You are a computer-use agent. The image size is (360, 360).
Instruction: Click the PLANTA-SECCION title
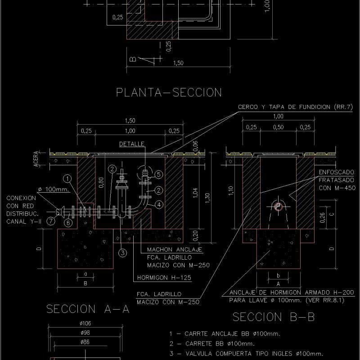[169, 92]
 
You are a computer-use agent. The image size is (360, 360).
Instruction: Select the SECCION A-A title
[88, 309]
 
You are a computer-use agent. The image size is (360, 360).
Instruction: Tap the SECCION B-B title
[273, 317]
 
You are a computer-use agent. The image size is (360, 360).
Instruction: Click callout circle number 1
[67, 179]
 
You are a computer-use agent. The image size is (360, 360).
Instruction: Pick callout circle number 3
[122, 252]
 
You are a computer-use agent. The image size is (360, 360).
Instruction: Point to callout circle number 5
[158, 174]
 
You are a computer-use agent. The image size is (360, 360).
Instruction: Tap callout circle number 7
[51, 221]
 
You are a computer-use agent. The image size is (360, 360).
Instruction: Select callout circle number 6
[67, 222]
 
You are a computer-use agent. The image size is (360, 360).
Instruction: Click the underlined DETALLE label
[131, 144]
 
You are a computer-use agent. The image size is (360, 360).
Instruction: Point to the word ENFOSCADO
[336, 172]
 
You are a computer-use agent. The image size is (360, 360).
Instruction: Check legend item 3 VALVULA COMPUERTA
[246, 353]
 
